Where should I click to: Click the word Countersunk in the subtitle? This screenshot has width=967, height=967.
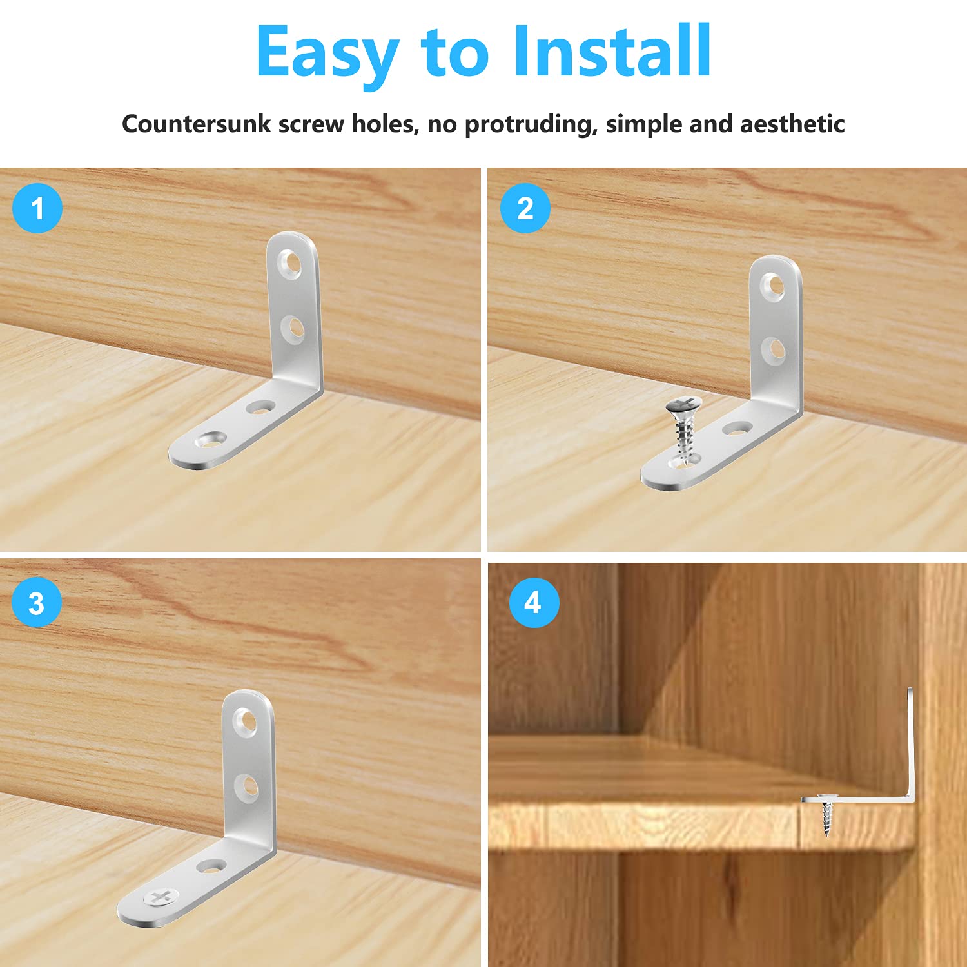tap(196, 123)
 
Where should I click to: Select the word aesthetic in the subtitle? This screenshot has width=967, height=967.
tap(792, 123)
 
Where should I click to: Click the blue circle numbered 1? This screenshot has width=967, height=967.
tap(37, 208)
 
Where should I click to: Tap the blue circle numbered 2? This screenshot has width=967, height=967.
tap(525, 208)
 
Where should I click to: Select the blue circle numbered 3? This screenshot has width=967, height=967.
tap(37, 603)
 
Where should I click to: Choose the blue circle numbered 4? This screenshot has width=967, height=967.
tap(533, 603)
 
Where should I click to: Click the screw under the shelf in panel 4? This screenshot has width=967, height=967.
tap(826, 816)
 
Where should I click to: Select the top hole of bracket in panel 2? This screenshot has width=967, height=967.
tap(773, 286)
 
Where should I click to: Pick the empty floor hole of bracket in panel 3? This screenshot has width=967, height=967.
tap(213, 866)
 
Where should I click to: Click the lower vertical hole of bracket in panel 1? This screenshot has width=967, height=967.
tap(293, 329)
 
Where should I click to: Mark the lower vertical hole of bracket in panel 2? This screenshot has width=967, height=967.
tap(773, 350)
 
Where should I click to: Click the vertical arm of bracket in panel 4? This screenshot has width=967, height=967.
tap(910, 741)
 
